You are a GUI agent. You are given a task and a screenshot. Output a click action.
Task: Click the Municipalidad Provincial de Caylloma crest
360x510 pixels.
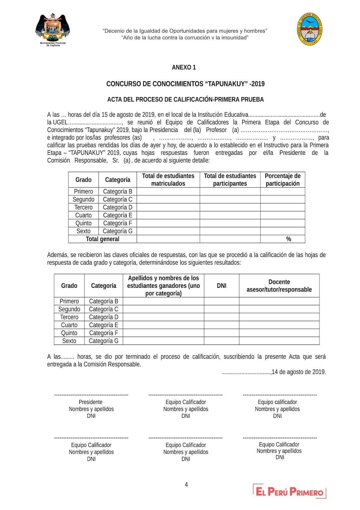[53, 30]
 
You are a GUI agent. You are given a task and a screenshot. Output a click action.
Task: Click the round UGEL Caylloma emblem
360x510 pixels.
[309, 29]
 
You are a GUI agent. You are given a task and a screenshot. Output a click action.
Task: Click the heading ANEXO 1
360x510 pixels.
[184, 67]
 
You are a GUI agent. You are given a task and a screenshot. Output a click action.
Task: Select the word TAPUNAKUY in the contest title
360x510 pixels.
[226, 84]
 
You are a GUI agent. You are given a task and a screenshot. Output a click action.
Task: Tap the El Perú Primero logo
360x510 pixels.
[290, 491]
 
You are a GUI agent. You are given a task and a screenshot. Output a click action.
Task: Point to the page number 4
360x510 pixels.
[186, 484]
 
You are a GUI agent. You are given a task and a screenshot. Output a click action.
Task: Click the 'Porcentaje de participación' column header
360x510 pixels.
[283, 180]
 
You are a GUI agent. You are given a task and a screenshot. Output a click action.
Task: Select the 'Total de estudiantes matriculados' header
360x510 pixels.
[168, 180]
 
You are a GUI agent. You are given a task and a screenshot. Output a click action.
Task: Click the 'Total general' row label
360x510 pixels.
[102, 239]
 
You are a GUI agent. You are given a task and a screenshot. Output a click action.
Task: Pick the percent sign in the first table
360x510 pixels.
[289, 239]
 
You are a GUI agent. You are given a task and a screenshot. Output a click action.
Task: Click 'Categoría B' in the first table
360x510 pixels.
[117, 191]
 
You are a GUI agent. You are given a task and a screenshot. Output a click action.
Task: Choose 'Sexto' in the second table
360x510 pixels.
[69, 341]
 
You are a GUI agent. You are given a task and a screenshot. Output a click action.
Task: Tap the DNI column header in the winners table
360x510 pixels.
[222, 286]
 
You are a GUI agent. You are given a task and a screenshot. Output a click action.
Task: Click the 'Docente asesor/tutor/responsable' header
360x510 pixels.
[279, 286]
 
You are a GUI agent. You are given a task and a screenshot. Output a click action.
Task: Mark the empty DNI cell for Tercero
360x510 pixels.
[222, 317]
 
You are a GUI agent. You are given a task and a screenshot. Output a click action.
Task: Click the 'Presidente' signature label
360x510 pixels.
[91, 402]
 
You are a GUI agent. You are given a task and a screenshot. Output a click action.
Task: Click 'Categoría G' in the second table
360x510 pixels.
[103, 341]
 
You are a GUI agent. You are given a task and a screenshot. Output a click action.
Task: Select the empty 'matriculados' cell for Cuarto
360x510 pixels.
[168, 215]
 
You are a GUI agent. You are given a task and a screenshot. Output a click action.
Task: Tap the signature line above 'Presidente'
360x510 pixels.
[91, 395]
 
